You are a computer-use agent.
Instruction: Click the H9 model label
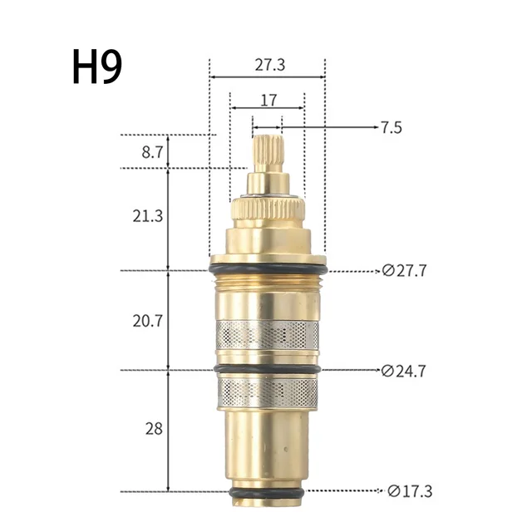97,68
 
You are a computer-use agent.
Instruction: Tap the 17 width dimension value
268,101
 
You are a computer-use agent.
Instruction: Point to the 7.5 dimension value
392,127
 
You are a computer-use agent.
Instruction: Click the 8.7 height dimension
153,152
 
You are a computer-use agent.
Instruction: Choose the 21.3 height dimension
147,216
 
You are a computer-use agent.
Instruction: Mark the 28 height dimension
153,429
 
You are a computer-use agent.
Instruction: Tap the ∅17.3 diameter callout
410,490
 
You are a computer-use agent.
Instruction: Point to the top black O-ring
268,270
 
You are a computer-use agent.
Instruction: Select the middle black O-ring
268,369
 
